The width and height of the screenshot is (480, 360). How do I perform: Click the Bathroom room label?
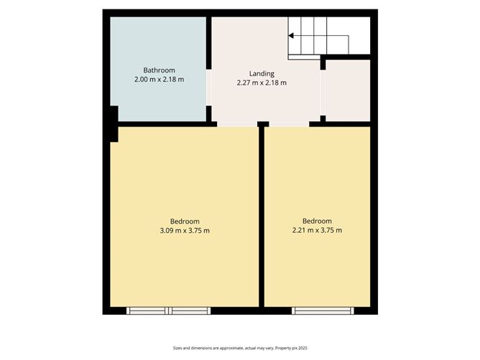159,70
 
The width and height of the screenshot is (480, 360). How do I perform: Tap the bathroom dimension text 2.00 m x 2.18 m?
159,79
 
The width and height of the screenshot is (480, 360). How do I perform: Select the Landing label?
262,73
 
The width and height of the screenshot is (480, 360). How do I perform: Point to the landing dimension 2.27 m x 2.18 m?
262,83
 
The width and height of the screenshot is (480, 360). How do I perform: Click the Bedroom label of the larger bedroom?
185,221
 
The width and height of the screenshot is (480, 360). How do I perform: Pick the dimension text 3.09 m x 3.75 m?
185,231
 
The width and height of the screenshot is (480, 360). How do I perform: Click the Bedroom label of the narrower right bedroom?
317,221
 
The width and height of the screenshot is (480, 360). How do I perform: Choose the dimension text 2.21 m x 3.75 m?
317,231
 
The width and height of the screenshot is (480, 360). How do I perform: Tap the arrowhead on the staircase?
292,34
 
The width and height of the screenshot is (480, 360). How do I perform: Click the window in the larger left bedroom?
168,311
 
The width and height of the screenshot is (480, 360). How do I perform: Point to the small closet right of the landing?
348,91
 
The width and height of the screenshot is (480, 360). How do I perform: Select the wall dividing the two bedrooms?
262,216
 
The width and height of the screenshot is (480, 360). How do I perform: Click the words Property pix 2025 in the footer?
292,346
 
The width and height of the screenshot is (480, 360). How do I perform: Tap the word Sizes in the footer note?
178,346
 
